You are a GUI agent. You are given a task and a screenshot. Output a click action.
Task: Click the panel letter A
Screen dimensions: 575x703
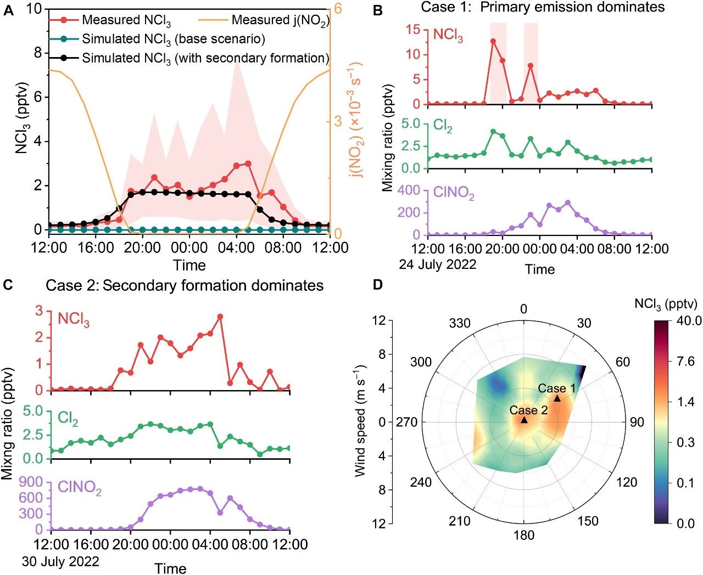8,10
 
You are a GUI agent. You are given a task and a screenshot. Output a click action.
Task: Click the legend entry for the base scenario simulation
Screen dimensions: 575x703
173,39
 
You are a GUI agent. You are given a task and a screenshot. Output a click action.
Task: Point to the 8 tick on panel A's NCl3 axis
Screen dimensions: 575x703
37,53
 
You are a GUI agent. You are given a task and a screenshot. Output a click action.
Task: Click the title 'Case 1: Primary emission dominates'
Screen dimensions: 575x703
543,7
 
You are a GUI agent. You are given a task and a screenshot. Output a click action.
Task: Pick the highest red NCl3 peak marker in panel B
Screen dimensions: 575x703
493,41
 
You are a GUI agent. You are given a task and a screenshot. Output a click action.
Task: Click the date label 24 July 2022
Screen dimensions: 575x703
437,264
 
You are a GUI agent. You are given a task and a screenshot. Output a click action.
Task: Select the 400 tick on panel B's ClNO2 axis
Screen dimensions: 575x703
409,190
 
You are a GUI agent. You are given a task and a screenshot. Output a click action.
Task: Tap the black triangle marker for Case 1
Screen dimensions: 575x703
557,398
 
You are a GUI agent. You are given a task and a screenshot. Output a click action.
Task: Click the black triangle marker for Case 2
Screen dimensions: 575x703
524,420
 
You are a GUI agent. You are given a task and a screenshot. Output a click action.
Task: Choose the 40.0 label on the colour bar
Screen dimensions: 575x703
689,320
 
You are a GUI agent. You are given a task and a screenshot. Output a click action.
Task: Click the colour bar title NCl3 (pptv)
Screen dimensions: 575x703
665,303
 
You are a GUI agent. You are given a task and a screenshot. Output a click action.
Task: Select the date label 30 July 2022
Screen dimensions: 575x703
60,561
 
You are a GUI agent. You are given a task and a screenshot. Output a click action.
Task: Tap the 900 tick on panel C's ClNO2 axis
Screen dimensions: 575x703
31,482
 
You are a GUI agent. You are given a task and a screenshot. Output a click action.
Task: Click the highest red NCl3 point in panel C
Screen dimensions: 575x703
220,317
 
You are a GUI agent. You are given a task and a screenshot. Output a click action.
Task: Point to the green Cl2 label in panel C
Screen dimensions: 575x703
68,419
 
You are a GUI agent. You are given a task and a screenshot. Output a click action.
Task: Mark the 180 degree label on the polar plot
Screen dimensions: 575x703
523,535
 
